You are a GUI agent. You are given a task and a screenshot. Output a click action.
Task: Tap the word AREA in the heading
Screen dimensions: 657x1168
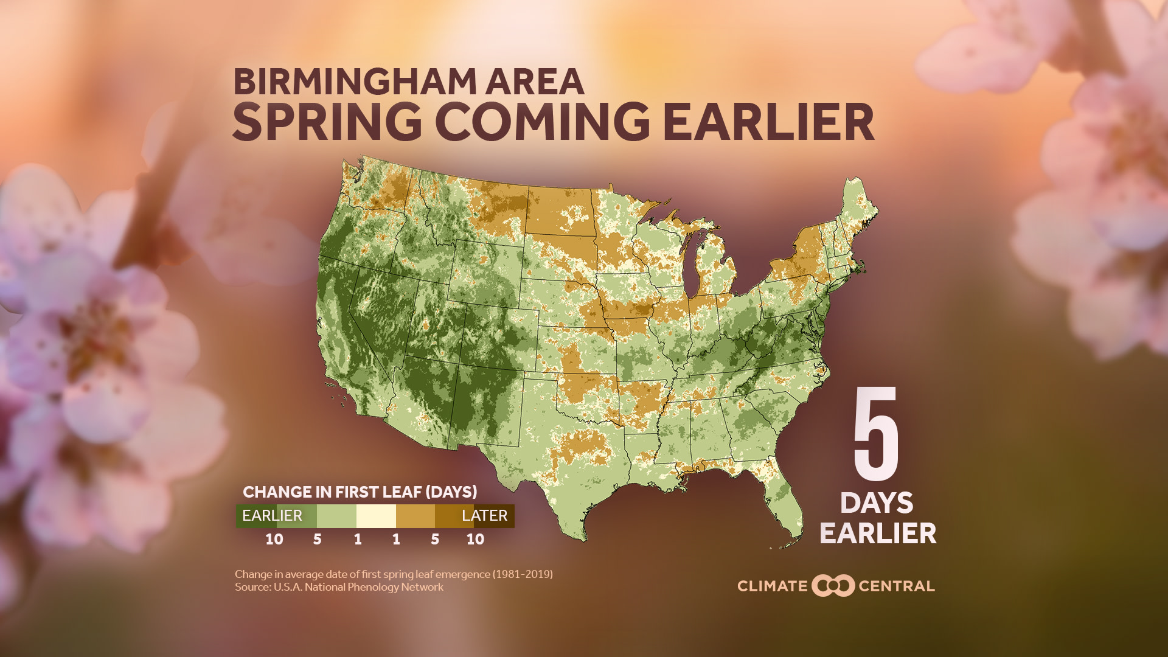click(x=535, y=82)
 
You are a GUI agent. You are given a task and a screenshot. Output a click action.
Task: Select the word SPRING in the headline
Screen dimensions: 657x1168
click(x=327, y=122)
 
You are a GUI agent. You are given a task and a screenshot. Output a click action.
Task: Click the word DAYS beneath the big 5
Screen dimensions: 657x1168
click(x=877, y=504)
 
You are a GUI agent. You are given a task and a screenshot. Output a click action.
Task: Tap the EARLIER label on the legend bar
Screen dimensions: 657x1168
click(x=272, y=516)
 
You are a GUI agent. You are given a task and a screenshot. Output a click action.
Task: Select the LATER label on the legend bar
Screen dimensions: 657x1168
click(x=484, y=516)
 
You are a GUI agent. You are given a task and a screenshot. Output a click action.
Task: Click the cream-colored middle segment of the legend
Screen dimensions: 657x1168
click(x=376, y=516)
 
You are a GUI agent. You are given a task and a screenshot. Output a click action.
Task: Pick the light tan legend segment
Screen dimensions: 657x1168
click(x=415, y=516)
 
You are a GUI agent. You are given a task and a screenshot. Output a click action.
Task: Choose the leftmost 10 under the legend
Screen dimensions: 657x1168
click(x=274, y=540)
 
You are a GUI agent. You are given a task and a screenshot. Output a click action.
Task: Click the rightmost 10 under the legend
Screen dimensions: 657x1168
click(x=475, y=540)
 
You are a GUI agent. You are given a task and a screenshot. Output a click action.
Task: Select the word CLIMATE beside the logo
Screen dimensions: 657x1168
click(x=772, y=586)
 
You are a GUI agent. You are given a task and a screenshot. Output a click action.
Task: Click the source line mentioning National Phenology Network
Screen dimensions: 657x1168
click(x=339, y=588)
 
